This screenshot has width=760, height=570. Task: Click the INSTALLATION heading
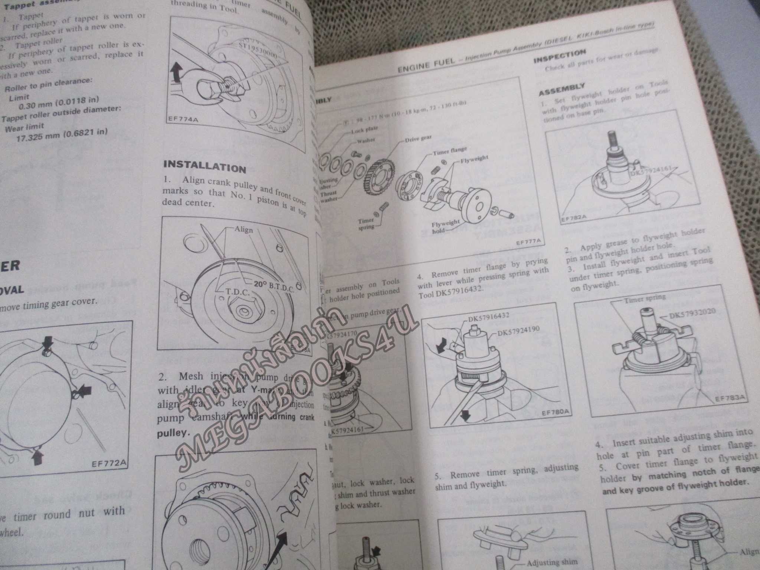pos(204,167)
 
